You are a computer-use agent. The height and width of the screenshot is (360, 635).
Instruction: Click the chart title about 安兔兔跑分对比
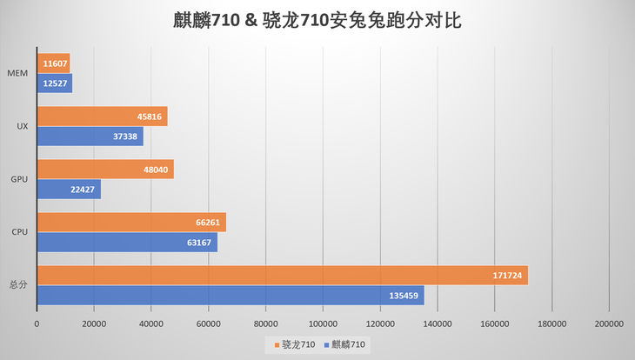pyautogui.click(x=317, y=20)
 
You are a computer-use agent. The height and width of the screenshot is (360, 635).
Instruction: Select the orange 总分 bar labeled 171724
pyautogui.click(x=282, y=276)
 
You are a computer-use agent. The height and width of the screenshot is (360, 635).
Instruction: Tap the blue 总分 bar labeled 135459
pyautogui.click(x=231, y=296)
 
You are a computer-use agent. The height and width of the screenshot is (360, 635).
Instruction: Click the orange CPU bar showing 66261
pyautogui.click(x=131, y=223)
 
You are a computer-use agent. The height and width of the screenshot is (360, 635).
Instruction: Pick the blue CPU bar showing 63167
pyautogui.click(x=127, y=243)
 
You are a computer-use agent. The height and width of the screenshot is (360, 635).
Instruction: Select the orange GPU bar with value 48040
pyautogui.click(x=105, y=170)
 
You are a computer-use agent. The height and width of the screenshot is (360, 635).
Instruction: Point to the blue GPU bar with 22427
pyautogui.click(x=69, y=190)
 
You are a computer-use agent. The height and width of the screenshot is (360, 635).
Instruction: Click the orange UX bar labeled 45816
pyautogui.click(x=102, y=117)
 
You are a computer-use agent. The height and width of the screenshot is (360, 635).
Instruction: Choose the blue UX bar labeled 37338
pyautogui.click(x=90, y=137)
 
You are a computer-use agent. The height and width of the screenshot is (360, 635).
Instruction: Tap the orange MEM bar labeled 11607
pyautogui.click(x=53, y=63)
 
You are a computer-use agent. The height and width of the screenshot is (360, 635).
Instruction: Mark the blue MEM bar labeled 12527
pyautogui.click(x=54, y=83)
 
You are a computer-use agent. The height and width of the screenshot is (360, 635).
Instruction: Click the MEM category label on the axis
pyautogui.click(x=17, y=74)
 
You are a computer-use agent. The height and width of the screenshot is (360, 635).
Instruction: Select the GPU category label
pyautogui.click(x=18, y=179)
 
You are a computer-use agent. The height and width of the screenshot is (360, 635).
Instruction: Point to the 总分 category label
pyautogui.click(x=18, y=285)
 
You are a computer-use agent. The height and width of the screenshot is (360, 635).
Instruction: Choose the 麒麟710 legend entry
pyautogui.click(x=345, y=345)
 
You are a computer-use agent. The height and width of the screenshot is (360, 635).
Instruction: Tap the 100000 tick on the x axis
pyautogui.click(x=323, y=323)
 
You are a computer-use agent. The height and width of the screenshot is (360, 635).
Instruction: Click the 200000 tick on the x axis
pyautogui.click(x=608, y=323)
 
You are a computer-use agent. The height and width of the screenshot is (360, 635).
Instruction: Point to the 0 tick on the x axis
pyautogui.click(x=37, y=323)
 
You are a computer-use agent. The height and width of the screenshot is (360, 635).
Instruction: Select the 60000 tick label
pyautogui.click(x=208, y=323)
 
